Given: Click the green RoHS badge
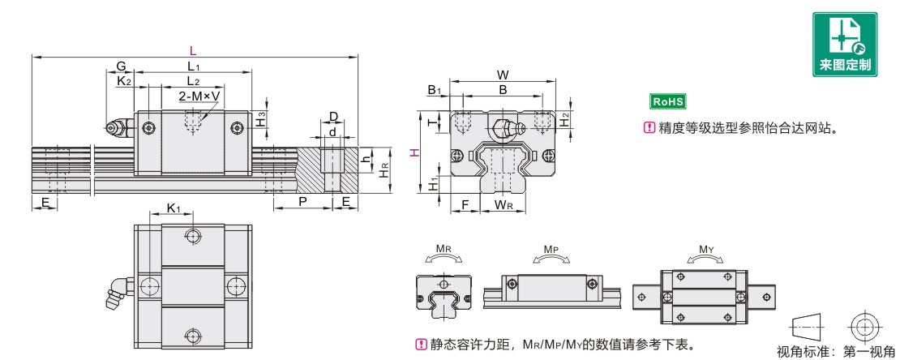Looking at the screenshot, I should pos(669,101).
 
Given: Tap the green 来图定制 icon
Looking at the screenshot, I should pos(846,45).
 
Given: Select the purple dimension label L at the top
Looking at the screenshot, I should pos(193,50).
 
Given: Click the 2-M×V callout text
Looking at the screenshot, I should pos(200,96).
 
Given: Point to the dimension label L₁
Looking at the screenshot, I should pos(193,66).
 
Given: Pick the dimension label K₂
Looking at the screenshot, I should pos(123,80).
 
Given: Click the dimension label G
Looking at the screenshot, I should pos(121,66).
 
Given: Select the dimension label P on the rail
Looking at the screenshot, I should pos(302,201).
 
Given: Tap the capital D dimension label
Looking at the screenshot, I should pos(332,116).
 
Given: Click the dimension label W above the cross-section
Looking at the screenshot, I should pos(504,75).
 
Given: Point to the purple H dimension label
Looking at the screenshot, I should pos(414,153).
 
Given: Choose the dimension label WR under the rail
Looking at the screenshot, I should pos(504,204).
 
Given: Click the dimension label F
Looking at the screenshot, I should pos(465,204).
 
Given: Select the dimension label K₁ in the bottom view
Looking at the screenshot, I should pos(174,209).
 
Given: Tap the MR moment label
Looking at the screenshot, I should pos(444,249).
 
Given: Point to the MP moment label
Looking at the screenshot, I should pos(551,249).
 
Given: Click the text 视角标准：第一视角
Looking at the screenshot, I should pos(834,352).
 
